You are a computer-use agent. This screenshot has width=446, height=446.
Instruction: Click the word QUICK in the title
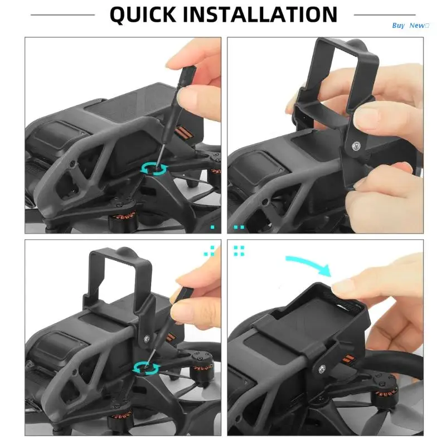coord(143,15)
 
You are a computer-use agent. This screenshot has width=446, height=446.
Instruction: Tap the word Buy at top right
coord(398,26)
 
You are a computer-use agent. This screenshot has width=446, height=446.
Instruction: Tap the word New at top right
coord(417,26)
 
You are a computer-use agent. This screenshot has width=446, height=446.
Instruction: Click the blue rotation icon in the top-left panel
coord(154,169)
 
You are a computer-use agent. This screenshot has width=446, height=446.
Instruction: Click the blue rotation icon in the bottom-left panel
coord(146,369)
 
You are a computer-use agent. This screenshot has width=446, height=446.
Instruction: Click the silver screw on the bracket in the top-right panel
coord(356,146)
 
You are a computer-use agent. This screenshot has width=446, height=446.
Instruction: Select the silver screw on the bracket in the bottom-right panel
coord(322,369)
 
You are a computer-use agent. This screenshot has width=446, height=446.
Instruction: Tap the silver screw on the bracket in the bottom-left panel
coord(147,338)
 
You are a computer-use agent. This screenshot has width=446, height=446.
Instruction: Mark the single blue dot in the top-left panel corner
coord(212,227)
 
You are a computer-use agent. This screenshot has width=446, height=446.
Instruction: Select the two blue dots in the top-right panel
coord(239,227)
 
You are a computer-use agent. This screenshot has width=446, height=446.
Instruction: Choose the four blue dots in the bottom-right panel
coord(239,251)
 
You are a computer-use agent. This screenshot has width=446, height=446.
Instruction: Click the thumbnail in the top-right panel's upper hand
coord(367,117)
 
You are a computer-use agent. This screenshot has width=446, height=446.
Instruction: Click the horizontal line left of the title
coord(62,15)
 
